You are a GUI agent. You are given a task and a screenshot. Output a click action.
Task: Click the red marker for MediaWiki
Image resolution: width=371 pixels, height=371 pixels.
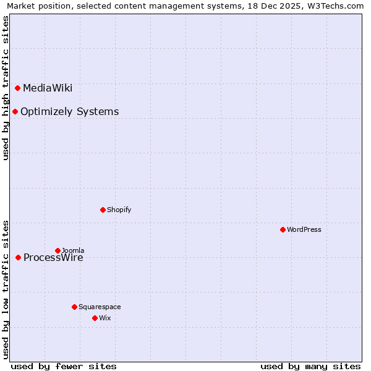[18, 88]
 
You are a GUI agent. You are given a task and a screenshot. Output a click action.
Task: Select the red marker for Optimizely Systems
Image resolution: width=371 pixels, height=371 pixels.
[15, 111]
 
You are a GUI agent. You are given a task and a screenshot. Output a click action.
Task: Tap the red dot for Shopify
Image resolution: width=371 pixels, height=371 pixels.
[103, 210]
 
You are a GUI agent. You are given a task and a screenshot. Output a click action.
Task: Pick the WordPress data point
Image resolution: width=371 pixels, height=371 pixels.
[283, 229]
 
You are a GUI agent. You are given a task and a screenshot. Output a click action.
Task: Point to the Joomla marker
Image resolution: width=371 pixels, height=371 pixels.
[58, 250]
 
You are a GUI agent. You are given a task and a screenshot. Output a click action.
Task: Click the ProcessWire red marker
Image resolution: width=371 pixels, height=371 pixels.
[19, 257]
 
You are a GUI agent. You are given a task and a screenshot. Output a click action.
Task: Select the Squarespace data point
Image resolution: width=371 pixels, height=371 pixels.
[74, 307]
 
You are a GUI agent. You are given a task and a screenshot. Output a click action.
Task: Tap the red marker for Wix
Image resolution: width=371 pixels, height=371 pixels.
[95, 318]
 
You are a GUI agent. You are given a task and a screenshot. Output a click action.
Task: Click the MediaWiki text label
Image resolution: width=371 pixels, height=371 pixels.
[48, 88]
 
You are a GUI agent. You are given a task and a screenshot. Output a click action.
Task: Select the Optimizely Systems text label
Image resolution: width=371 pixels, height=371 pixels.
[69, 111]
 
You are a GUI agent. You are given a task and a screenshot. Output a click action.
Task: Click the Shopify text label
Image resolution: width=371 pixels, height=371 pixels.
[119, 210]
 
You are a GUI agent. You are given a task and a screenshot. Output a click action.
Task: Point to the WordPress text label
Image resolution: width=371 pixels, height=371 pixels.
[304, 229]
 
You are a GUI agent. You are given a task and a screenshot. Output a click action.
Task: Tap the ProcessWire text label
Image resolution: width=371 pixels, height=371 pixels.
[53, 258]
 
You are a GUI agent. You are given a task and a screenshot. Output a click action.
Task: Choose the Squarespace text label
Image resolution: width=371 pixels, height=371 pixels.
[100, 307]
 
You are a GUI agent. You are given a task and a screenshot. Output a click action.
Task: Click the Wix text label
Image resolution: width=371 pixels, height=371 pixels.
[104, 318]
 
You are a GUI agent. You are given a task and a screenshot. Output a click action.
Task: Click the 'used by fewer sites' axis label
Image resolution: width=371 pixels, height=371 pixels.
[64, 366]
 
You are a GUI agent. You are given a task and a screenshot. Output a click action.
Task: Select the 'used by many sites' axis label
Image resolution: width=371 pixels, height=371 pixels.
[310, 366]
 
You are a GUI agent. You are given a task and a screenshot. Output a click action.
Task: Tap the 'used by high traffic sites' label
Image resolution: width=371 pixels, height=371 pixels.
[6, 88]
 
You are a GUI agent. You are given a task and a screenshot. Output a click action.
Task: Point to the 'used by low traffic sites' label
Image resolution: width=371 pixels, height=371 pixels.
[6, 289]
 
